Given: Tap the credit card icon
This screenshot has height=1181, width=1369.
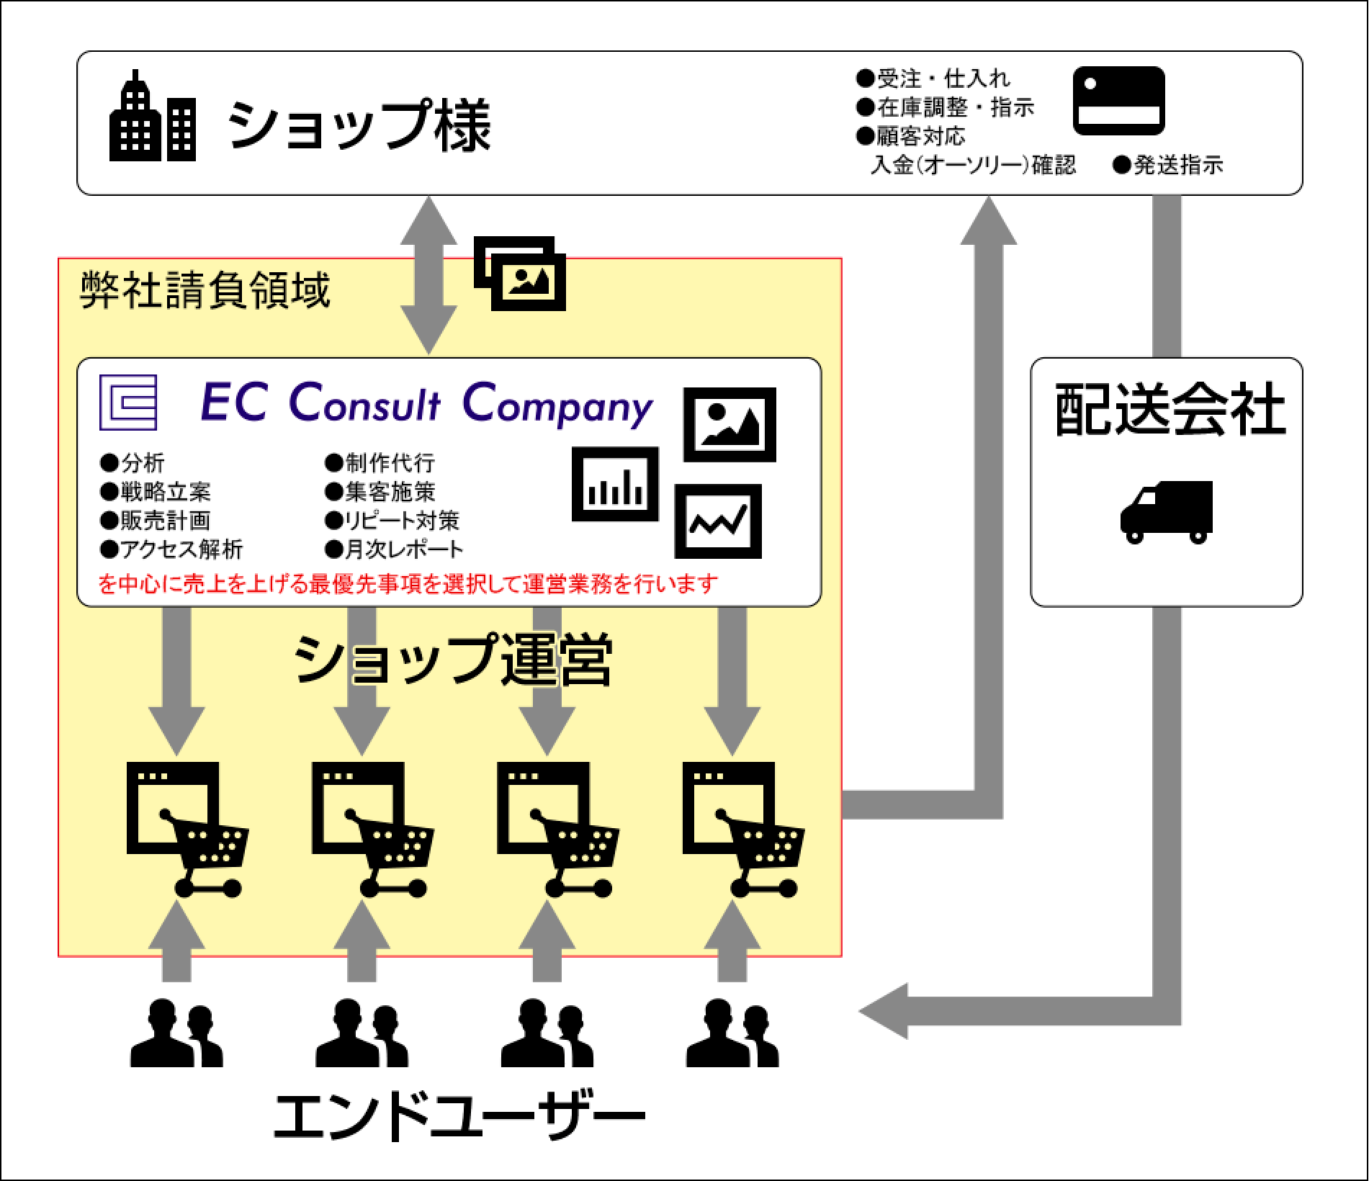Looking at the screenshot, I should click(1118, 101).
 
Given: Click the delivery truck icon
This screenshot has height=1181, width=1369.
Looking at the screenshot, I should click(1166, 512).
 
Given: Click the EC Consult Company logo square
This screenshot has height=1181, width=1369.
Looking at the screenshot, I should click(128, 402).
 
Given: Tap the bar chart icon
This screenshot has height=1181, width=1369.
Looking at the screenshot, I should click(615, 484).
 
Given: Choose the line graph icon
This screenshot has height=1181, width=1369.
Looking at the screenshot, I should click(717, 521).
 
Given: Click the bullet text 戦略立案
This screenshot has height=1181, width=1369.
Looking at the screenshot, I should click(156, 492).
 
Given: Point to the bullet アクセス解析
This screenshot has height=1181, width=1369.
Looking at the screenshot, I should click(171, 549).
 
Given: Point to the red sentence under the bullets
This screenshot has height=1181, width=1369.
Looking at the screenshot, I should click(408, 583).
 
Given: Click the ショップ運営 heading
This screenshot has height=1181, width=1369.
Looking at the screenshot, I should click(453, 659).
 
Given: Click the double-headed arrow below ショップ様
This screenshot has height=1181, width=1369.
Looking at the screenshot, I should click(429, 275).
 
